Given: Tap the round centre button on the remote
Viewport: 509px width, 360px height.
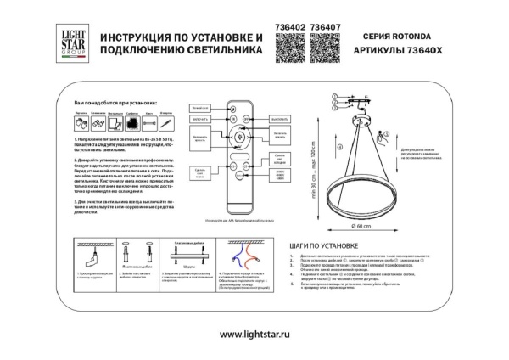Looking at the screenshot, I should point(238,138).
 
